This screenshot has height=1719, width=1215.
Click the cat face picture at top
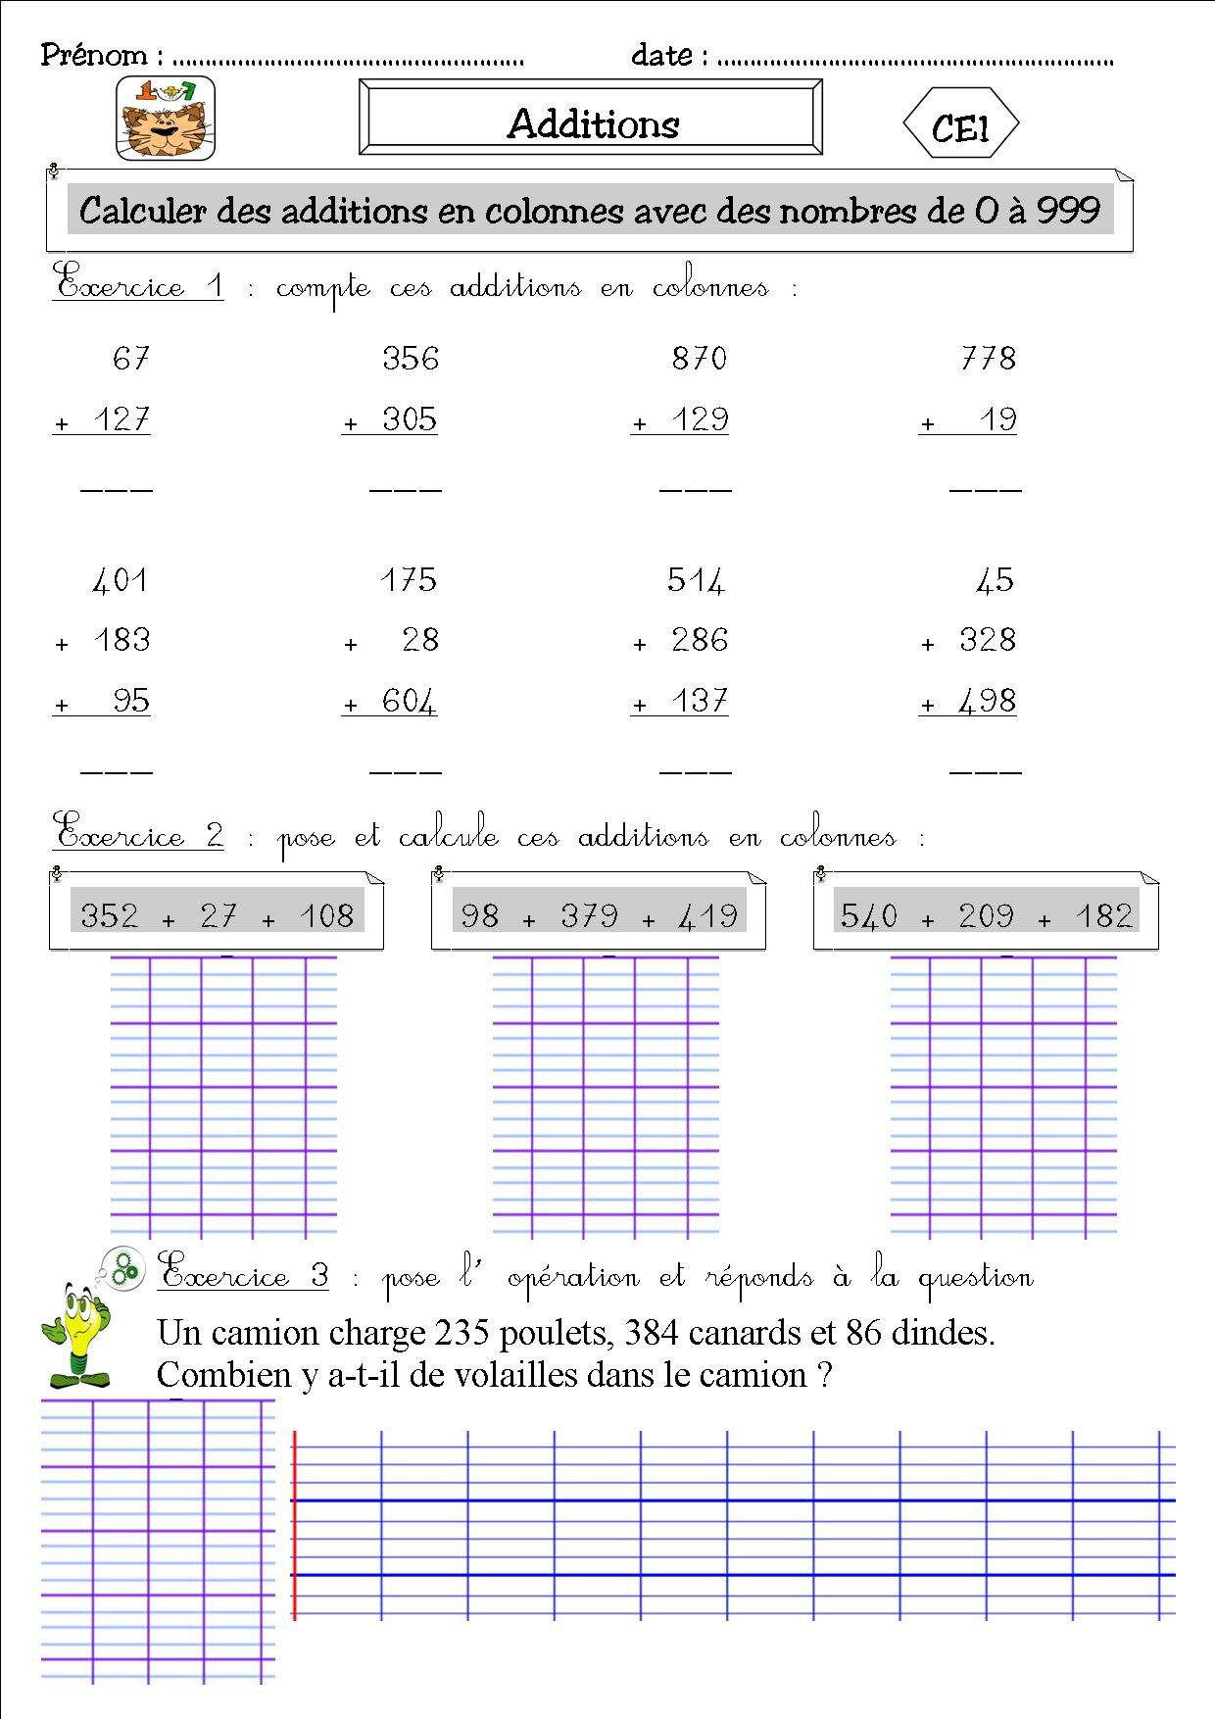(165, 119)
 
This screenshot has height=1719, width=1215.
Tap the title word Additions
(593, 123)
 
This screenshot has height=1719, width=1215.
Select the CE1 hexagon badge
(960, 124)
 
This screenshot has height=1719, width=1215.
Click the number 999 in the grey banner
(1068, 210)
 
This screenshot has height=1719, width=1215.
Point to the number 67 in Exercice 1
(130, 359)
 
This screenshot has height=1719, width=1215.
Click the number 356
(411, 359)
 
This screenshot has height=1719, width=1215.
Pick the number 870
(700, 359)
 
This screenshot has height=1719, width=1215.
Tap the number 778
(988, 359)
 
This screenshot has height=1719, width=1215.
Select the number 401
(121, 580)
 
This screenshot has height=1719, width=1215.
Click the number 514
(696, 580)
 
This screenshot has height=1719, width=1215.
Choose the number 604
(410, 702)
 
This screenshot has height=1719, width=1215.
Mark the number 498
(987, 702)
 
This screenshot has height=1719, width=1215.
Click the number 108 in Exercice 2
(326, 916)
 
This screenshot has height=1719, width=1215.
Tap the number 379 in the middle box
(589, 916)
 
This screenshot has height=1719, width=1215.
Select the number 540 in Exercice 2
(869, 916)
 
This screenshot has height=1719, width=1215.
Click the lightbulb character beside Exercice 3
(76, 1335)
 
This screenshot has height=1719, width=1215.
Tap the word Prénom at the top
(94, 55)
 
